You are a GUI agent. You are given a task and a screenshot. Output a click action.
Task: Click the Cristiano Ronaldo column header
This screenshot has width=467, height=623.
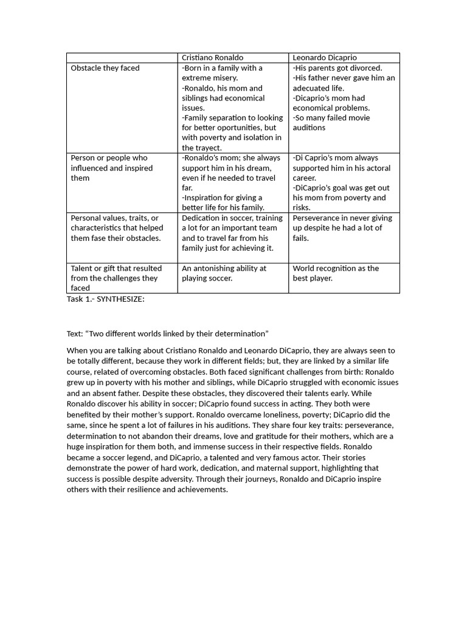point(212,58)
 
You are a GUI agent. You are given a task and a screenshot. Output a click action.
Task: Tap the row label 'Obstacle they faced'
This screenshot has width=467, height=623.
point(105,68)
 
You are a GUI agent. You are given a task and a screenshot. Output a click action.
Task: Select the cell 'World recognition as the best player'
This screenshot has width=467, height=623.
point(336,273)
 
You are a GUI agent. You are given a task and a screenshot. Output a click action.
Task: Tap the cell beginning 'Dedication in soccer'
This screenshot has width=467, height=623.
point(232,233)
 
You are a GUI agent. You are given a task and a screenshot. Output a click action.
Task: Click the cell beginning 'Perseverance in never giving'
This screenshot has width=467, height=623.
point(342,228)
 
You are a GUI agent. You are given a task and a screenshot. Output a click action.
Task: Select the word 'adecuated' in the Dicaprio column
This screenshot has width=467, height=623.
point(312,88)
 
